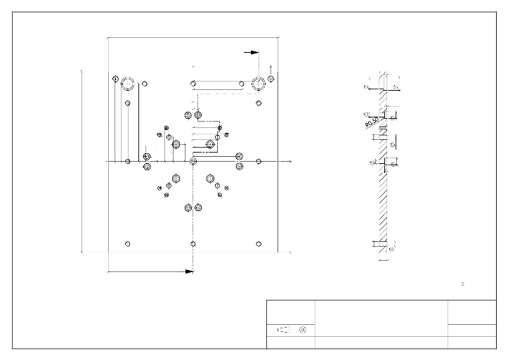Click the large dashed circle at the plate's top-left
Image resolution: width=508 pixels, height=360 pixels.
point(127,84)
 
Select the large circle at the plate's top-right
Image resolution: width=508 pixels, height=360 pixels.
point(259,84)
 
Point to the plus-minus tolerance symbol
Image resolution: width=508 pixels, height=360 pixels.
point(462,284)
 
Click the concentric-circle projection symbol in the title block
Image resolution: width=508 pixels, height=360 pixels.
point(303,329)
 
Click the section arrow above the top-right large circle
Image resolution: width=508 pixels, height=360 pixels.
point(251,52)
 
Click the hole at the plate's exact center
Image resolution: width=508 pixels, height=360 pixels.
point(193,161)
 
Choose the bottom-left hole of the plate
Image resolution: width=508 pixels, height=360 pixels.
point(127,244)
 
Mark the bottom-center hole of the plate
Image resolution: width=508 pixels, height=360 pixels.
point(193,244)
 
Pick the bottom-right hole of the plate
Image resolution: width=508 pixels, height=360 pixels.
point(259,244)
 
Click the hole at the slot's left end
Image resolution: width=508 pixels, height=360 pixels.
point(193,84)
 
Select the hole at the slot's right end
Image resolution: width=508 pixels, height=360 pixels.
point(242,84)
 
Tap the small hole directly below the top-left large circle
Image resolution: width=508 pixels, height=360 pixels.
point(127,103)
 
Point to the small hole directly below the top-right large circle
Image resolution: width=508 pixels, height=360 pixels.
point(259,103)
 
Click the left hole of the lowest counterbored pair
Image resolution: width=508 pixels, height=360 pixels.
point(187,208)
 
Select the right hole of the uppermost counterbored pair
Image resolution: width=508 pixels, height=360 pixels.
point(198,115)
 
